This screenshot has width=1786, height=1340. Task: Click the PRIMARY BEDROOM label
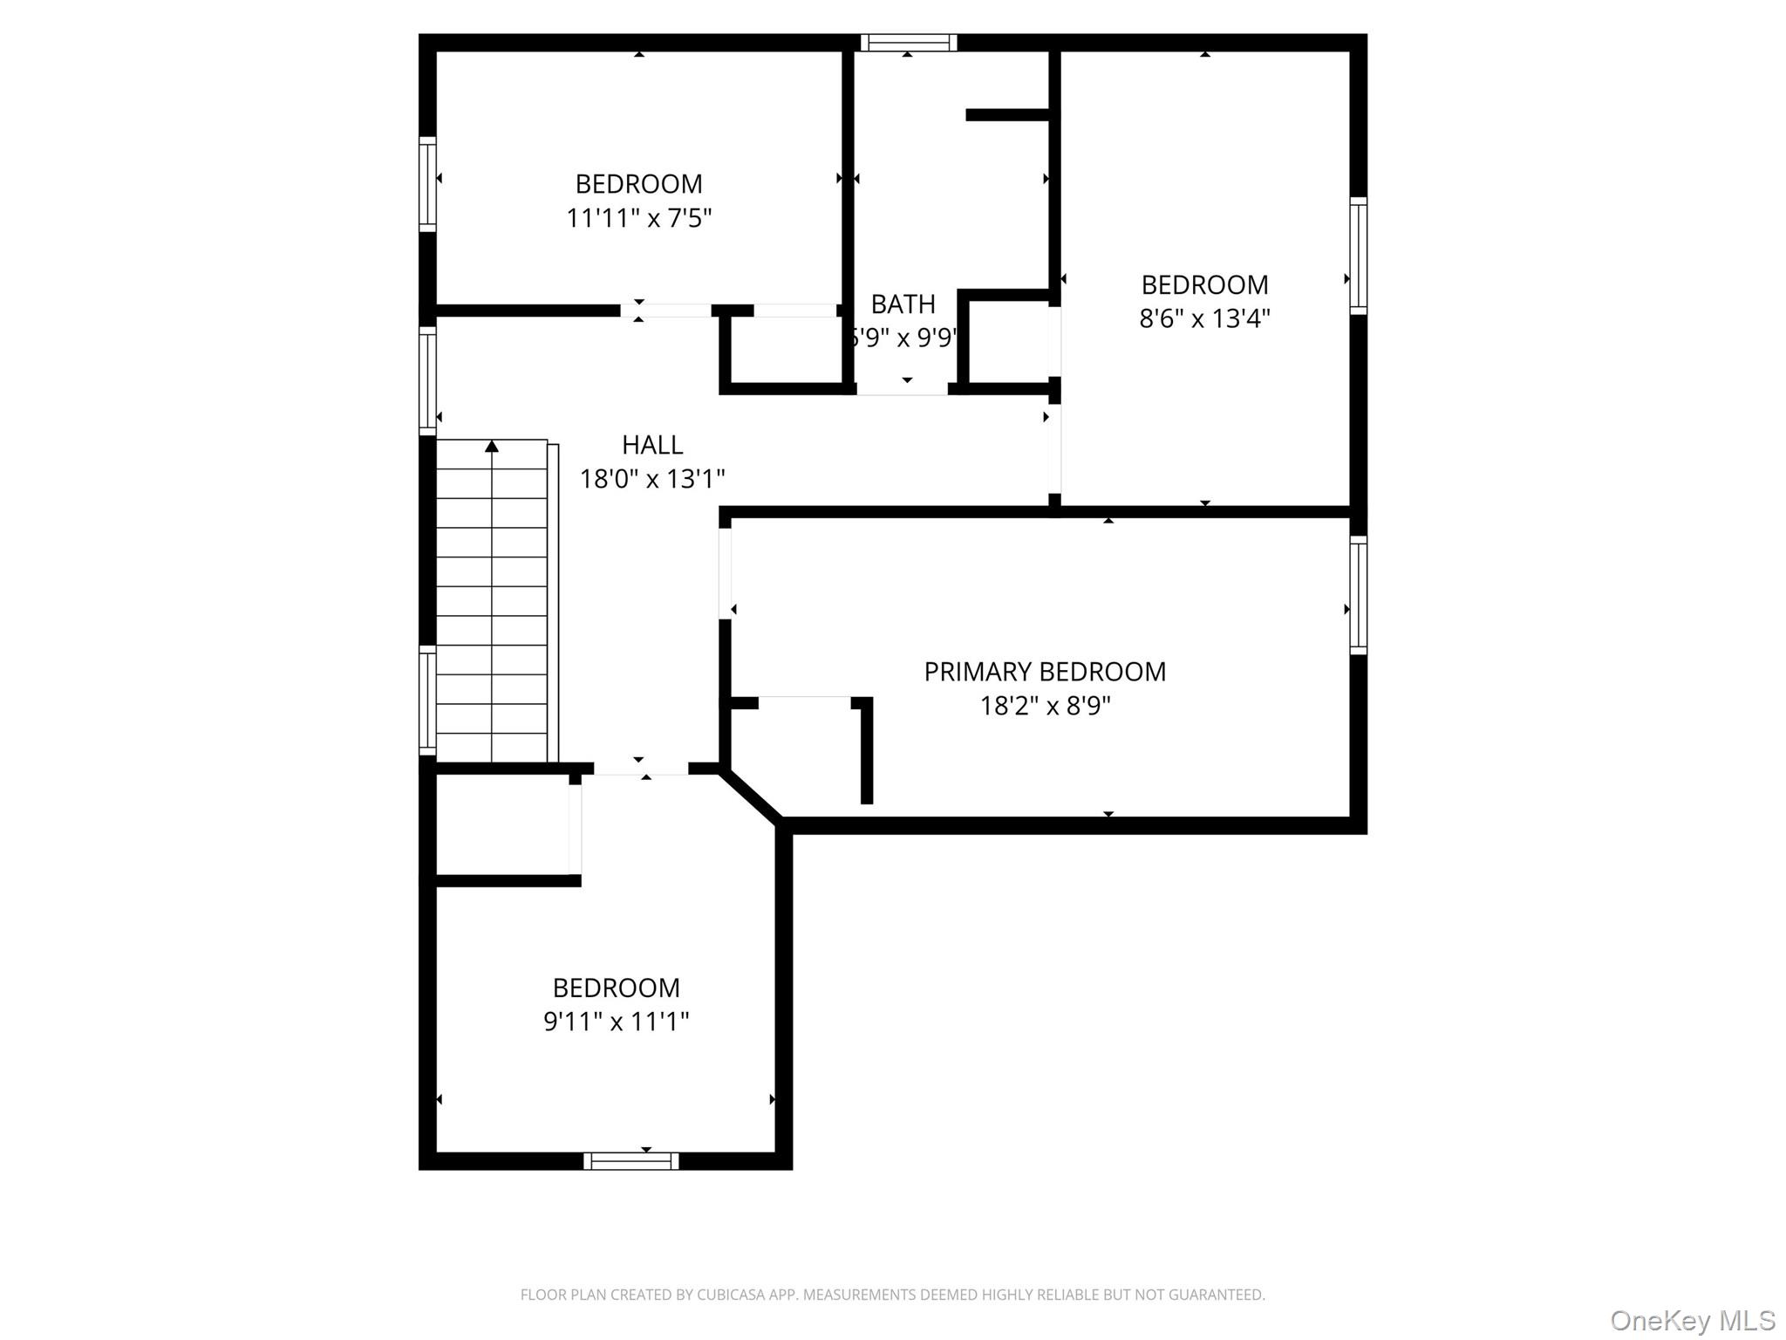tap(1044, 672)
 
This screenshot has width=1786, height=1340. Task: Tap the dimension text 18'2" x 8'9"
tap(1044, 705)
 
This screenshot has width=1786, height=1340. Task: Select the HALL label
tap(651, 445)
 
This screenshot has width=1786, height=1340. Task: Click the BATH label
tap(903, 304)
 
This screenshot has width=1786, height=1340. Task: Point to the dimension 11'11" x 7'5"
tap(638, 217)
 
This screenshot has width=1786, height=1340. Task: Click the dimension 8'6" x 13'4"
tap(1203, 318)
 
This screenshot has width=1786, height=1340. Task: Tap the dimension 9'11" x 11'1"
tap(616, 1021)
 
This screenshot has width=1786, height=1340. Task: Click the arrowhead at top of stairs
tap(492, 447)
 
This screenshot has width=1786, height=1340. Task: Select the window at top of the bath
tap(908, 43)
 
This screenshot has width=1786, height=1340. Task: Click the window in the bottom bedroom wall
tap(631, 1160)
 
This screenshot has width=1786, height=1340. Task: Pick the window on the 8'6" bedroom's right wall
tap(1358, 256)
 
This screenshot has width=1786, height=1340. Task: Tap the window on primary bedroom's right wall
tap(1358, 595)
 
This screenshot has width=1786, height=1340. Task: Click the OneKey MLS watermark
tap(1692, 1321)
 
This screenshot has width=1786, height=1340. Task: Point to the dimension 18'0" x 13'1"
tap(651, 479)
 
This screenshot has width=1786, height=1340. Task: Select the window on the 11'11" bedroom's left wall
tap(427, 184)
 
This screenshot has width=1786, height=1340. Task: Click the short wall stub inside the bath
tap(1007, 115)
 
